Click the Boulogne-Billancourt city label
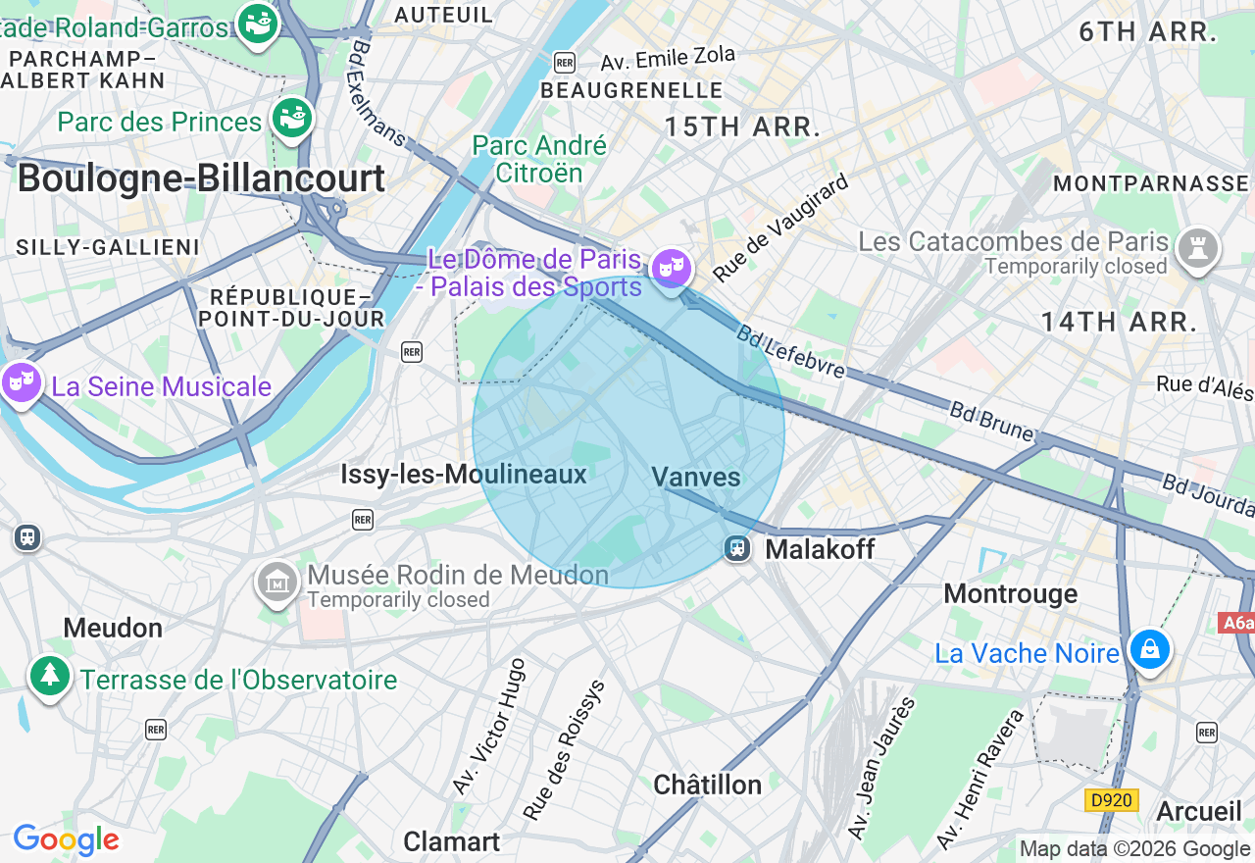pos(201,178)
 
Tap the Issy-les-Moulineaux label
pos(463,475)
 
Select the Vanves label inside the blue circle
pos(696,477)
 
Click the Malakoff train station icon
pos(737,548)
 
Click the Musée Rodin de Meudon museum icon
pos(276,583)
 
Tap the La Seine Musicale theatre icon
pos(20,381)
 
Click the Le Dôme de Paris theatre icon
pos(671,267)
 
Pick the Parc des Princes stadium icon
pos(292,118)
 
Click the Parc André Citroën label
pos(539,159)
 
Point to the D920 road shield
pos(1111,800)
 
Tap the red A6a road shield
pos(1236,623)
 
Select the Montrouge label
pos(1010,593)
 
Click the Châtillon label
pos(707,785)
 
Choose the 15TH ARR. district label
pos(742,127)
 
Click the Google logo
pos(66,839)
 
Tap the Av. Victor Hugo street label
pos(488,727)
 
